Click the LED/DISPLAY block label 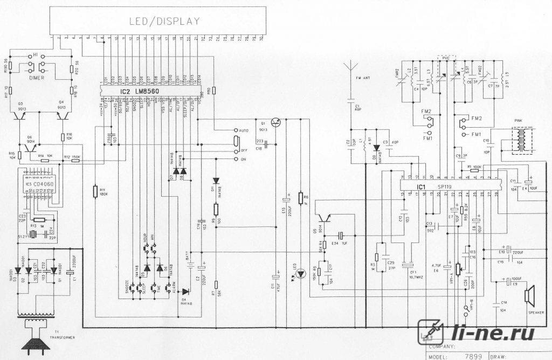(164, 22)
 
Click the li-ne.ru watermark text (494, 333)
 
